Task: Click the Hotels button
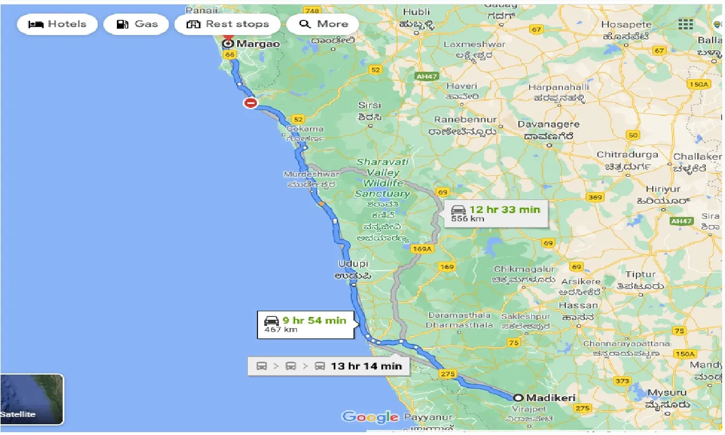coord(57,24)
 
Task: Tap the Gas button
coord(137,24)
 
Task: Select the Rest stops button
coord(228,24)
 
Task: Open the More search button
coord(324,24)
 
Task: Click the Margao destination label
coord(257,43)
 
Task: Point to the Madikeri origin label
coord(550,398)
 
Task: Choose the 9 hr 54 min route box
coord(307,324)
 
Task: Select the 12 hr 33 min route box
coord(496,213)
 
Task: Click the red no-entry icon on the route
coord(250,103)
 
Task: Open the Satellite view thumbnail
coord(32,399)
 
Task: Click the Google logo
coord(370,417)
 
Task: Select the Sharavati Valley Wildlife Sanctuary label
coord(382,178)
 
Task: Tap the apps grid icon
coord(685,24)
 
